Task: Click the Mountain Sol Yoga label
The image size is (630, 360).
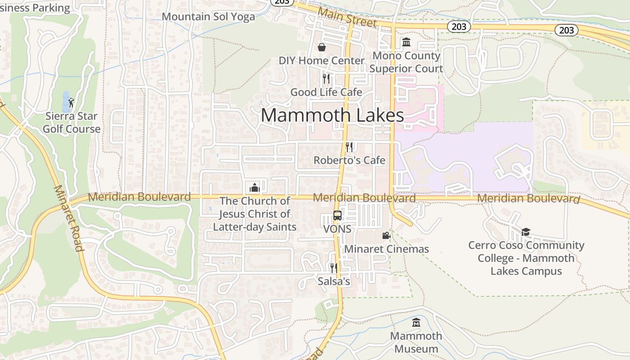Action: click(x=208, y=17)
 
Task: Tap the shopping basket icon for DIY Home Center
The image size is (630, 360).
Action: click(x=322, y=47)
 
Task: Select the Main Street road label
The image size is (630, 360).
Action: click(x=347, y=17)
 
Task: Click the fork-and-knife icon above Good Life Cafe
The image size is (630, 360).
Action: click(x=326, y=79)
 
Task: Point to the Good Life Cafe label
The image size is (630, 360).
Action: click(x=326, y=92)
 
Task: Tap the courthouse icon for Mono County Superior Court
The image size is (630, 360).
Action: click(x=406, y=42)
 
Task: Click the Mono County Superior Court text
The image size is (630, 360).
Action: click(x=406, y=62)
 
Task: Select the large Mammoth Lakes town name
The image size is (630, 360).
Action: click(x=332, y=116)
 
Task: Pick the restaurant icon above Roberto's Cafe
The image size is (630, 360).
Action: click(x=349, y=147)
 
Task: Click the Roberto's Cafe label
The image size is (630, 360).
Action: click(x=349, y=160)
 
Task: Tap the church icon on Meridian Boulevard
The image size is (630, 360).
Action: click(x=255, y=187)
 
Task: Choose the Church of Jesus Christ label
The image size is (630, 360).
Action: click(x=255, y=214)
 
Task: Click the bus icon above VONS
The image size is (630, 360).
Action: click(x=337, y=216)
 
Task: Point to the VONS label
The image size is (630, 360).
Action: click(x=337, y=229)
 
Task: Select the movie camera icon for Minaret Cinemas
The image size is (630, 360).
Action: click(x=386, y=235)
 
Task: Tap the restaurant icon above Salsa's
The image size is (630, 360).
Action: click(x=333, y=268)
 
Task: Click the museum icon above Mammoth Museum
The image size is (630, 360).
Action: click(x=416, y=323)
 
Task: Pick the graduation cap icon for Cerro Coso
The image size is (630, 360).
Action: click(x=526, y=232)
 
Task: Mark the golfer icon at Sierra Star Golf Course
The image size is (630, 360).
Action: click(x=71, y=103)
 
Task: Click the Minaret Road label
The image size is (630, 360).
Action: click(x=69, y=218)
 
